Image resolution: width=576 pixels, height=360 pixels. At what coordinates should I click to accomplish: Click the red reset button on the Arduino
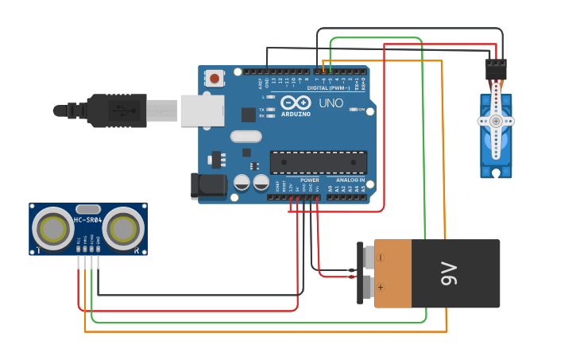click(214, 78)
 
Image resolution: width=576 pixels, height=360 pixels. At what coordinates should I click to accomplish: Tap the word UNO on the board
click(331, 103)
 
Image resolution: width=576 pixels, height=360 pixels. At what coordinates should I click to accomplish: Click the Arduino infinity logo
click(294, 103)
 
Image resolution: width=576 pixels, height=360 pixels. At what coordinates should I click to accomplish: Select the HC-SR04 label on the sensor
click(87, 220)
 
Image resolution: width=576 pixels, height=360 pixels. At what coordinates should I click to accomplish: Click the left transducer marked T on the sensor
click(53, 229)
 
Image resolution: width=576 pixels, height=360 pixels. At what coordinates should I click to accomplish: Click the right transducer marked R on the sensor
click(123, 229)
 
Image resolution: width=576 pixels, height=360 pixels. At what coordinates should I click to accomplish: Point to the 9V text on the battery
click(450, 274)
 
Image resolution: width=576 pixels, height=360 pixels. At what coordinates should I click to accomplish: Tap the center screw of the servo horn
click(496, 121)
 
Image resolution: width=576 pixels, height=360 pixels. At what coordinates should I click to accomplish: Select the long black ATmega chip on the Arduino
click(319, 162)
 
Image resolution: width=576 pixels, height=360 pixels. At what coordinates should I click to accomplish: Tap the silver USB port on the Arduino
click(202, 110)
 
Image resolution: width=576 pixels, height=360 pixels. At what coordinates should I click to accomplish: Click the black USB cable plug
click(119, 110)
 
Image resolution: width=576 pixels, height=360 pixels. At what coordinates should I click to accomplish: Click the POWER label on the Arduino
click(309, 180)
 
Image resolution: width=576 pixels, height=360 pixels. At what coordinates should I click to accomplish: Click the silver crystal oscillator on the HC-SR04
click(88, 208)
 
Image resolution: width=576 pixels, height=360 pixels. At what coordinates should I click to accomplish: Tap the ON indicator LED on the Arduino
click(352, 110)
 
